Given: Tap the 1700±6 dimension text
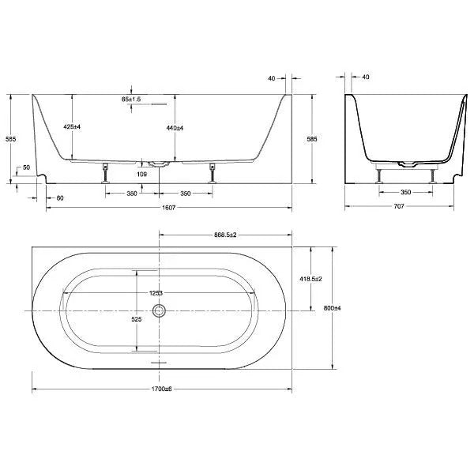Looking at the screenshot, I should coord(160,389).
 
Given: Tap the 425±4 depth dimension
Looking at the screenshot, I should coord(72,127).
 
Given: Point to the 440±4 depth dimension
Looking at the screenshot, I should coord(175,127).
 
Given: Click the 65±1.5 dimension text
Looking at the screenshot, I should coord(131,100).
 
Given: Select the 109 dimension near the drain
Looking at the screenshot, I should coord(142,174).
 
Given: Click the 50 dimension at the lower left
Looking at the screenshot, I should coord(27,167).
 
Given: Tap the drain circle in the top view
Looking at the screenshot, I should coord(160,310).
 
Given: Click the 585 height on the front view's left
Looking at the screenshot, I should coord(10,139).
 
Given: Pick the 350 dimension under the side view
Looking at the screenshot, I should coord(405,192).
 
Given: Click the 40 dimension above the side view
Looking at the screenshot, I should coord(365,77).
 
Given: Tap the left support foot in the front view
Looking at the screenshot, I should coord(104,172).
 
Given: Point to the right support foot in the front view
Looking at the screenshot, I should coord(211,172).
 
